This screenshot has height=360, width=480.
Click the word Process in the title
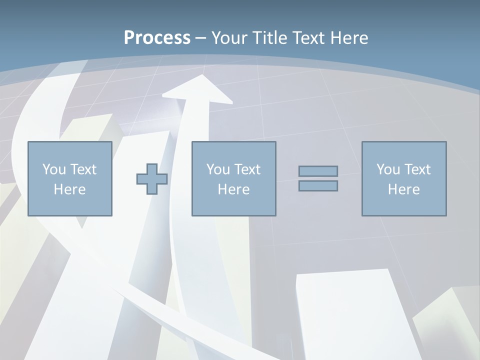[x=157, y=37]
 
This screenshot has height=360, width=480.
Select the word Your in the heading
[x=229, y=37]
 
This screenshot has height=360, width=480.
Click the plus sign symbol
[x=152, y=179]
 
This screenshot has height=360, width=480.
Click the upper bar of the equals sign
[x=318, y=171]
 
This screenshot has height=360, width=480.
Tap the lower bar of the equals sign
[x=318, y=185]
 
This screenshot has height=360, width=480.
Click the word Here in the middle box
[x=233, y=189]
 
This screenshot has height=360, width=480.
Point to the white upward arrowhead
[x=198, y=89]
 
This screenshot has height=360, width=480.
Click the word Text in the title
[x=309, y=37]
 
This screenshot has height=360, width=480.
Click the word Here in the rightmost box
[x=404, y=189]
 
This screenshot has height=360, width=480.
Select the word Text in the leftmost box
[x=83, y=169]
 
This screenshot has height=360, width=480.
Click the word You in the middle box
[x=218, y=169]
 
